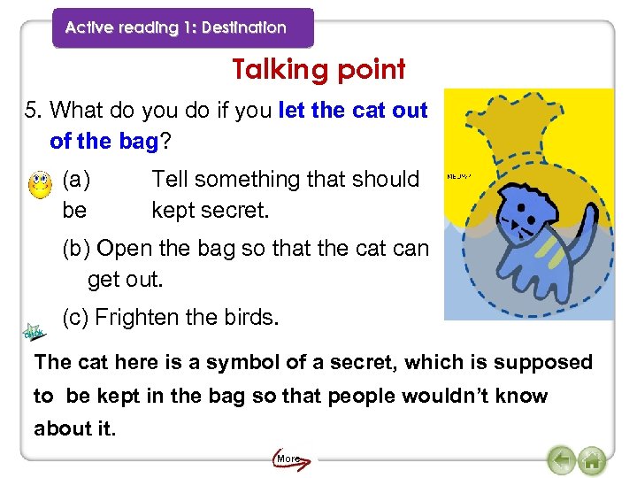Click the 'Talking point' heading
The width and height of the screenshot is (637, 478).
pos(318,69)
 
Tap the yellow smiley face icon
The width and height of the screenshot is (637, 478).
pos(40,186)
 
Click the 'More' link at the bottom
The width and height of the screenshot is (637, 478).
pos(288,459)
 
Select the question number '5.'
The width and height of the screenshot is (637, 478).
pos(34,111)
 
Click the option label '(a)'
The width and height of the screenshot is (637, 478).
pos(76,180)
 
